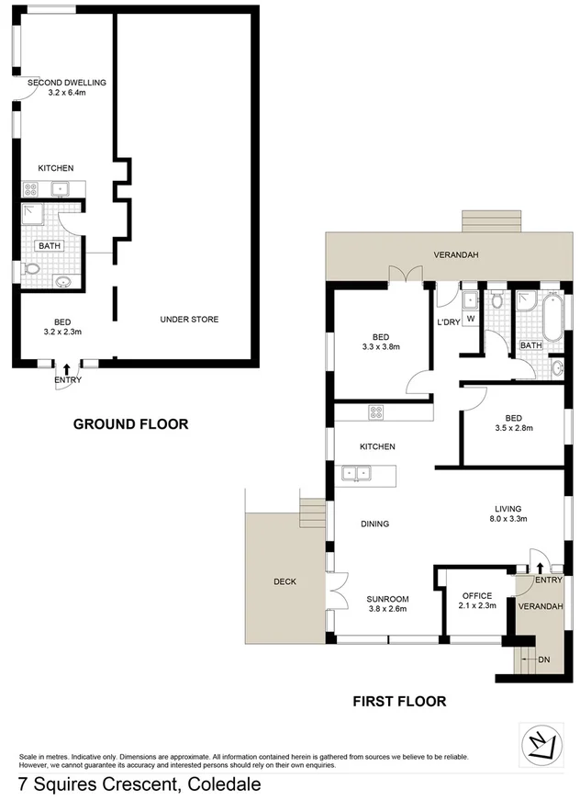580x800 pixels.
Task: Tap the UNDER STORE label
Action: click(189, 320)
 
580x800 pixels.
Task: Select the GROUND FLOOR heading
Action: click(130, 424)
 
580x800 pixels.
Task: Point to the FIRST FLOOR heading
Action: click(399, 702)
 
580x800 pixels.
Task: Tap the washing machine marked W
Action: click(470, 320)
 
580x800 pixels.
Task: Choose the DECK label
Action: click(284, 582)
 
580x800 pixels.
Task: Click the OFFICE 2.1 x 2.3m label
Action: click(475, 601)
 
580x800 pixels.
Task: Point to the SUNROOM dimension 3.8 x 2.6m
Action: click(387, 608)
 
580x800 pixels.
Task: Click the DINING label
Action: click(374, 524)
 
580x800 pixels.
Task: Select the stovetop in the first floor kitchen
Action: click(374, 413)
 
